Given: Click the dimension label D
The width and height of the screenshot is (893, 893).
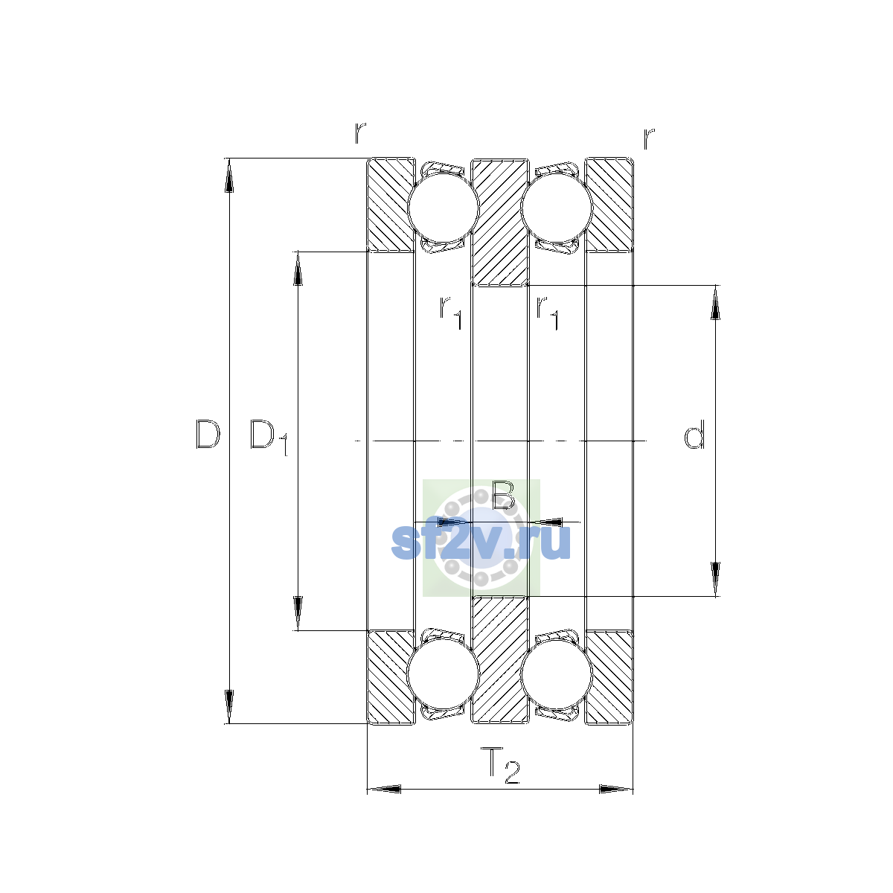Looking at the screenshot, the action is click(208, 434).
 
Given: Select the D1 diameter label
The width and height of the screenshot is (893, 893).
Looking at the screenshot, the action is click(269, 437).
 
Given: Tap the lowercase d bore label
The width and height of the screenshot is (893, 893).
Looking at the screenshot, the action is click(694, 434).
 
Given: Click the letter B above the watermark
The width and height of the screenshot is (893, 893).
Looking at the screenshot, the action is click(503, 494).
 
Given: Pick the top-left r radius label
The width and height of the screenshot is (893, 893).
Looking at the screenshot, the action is click(360, 133).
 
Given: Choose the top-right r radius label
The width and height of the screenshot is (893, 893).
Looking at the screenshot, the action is click(649, 138).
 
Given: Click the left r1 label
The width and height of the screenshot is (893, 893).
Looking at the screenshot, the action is click(451, 313).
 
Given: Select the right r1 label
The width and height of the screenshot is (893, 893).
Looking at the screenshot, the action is click(547, 313).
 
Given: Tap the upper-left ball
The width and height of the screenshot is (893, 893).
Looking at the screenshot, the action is click(443, 208).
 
